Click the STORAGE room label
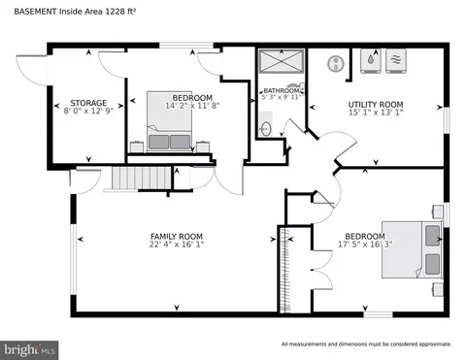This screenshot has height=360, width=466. tap(88, 103)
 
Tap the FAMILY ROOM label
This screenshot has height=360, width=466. tap(177, 237)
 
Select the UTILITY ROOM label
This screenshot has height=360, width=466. tap(376, 105)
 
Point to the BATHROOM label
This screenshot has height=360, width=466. tap(282, 91)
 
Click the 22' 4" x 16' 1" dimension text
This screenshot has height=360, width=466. tap(177, 245)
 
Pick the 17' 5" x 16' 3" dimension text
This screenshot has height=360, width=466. tap(365, 245)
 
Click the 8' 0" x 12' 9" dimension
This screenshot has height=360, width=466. tap(88, 111)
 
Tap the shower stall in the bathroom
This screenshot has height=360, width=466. tap(282, 61)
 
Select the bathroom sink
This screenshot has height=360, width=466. tap(266, 128)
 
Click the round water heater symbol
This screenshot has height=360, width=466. tap(336, 63)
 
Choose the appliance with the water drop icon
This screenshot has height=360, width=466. tap(371, 61)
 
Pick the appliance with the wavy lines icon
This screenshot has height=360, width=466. tap(396, 61)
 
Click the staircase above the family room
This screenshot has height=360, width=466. tap(141, 178)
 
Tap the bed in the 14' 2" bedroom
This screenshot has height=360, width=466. tap(169, 121)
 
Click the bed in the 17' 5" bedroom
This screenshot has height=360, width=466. tap(412, 249)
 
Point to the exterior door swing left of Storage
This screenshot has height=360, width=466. tap(33, 71)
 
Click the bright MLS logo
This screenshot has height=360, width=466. tap(29, 350)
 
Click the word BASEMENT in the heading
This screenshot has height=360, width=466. tap(35, 12)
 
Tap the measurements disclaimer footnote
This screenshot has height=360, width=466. tap(367, 344)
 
